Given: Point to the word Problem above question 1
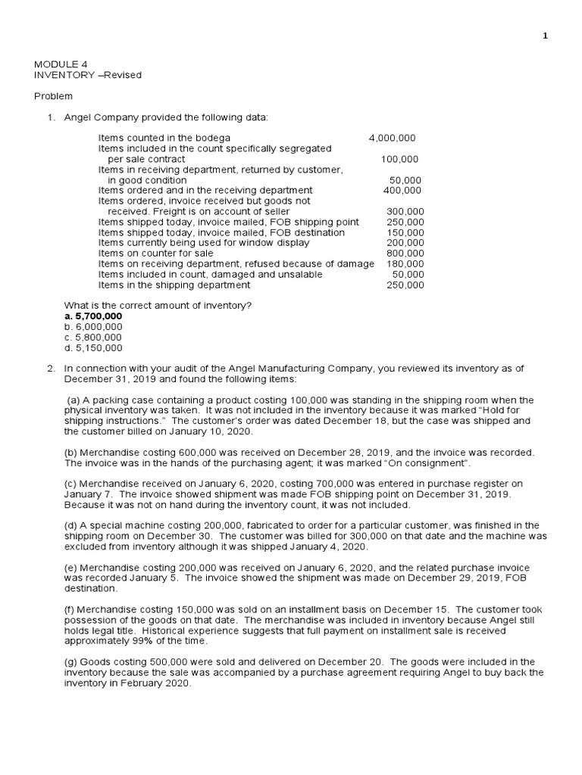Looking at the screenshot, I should pos(54,96).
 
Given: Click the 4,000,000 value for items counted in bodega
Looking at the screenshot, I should pos(392,139).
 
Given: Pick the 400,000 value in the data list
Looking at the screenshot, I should pos(402,191).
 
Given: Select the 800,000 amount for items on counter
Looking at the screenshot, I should pos(405,254).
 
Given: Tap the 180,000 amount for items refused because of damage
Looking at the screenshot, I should pos(405,264).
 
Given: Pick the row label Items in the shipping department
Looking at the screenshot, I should pos(174,285).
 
